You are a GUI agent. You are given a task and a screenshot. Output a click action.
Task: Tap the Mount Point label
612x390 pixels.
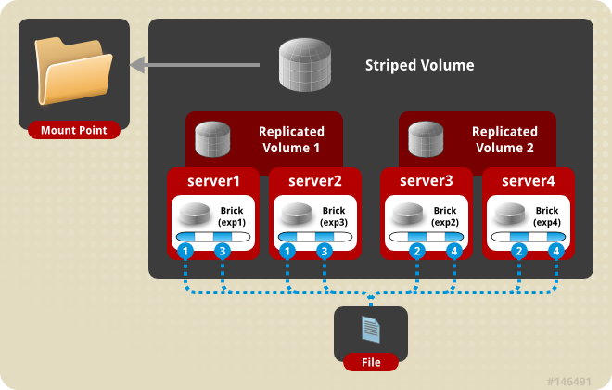73,131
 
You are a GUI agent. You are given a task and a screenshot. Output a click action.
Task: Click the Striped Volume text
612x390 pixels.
419,66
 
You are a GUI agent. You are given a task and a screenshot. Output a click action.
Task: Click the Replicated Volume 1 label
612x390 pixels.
289,139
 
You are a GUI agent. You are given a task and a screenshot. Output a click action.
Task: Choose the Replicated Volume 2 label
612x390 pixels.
504,139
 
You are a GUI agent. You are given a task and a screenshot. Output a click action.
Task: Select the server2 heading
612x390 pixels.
315,180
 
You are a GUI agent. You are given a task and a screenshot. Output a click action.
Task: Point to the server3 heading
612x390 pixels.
427,180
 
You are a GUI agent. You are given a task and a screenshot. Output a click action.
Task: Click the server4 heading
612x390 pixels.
529,180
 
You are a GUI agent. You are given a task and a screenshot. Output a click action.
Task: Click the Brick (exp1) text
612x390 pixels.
234,216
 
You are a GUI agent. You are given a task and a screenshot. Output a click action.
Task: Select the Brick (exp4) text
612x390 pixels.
547,216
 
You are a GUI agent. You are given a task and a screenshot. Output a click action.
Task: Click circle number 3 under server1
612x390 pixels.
222,251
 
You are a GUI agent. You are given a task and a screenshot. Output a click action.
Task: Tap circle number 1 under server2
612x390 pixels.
288,251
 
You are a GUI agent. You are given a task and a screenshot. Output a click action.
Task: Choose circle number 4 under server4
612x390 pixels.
555,251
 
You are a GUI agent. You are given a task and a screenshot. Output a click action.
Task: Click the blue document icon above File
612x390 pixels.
370,328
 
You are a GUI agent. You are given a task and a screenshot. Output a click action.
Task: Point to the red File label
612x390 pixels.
370,362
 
